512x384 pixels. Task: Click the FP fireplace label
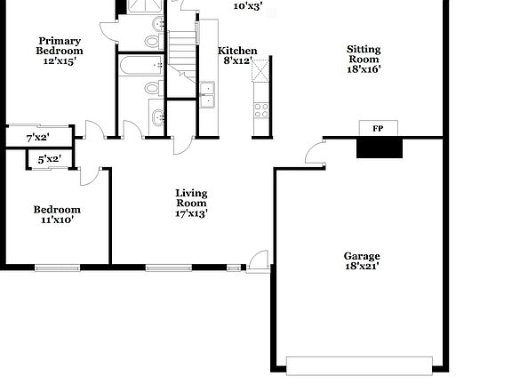point(377,129)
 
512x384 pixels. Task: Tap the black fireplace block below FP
point(377,148)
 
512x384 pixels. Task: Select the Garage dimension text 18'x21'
point(363,266)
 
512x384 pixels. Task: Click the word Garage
point(363,255)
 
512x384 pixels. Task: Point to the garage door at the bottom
point(359,364)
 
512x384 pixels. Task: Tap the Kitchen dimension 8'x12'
point(237,61)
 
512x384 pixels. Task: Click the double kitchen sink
point(208,94)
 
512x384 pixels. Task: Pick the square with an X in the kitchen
point(260,71)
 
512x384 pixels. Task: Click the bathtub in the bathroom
point(140,65)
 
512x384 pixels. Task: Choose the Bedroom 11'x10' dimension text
point(58,220)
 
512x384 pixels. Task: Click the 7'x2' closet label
point(37,138)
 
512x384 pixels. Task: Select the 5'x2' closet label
point(49,159)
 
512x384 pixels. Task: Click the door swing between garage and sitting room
point(314,154)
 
